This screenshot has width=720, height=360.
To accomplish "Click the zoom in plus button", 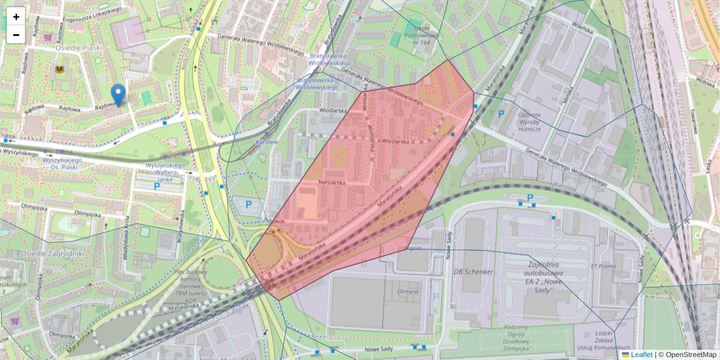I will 16,17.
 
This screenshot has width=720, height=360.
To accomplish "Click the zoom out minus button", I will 16,35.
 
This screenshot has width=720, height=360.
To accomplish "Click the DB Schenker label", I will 473,272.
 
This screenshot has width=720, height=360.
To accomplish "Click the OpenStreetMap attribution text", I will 687,355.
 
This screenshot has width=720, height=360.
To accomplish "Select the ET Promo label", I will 604,266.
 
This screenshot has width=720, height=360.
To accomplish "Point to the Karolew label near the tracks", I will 266,143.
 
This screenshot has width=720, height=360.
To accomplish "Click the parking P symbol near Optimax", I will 501,113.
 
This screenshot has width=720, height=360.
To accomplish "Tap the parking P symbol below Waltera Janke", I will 157,187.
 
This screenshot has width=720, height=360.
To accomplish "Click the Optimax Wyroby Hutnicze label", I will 521,121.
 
